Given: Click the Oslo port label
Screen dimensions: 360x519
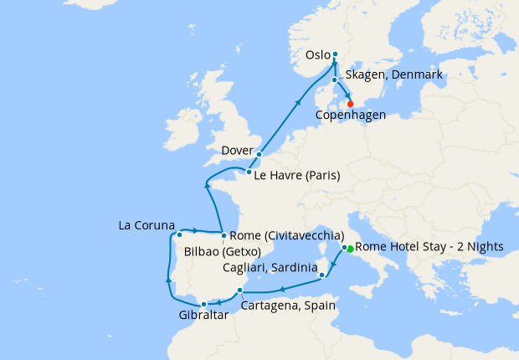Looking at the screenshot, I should pyautogui.click(x=318, y=55).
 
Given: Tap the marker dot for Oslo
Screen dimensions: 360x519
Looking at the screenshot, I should pyautogui.click(x=335, y=54).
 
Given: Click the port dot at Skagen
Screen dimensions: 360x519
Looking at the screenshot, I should pyautogui.click(x=334, y=80).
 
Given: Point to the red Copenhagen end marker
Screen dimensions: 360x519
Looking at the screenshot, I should pyautogui.click(x=338, y=103).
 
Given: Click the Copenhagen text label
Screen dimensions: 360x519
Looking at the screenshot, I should pyautogui.click(x=349, y=115).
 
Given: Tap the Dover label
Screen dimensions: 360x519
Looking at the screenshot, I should pyautogui.click(x=237, y=151).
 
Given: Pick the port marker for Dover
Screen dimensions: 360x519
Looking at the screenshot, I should pyautogui.click(x=259, y=154).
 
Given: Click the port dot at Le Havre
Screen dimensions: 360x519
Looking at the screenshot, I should pyautogui.click(x=249, y=172).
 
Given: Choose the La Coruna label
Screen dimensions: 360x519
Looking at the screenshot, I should pyautogui.click(x=146, y=225).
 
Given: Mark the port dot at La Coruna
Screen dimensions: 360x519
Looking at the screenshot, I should pyautogui.click(x=179, y=235).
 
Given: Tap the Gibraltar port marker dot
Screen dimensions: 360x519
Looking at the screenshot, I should pyautogui.click(x=203, y=304).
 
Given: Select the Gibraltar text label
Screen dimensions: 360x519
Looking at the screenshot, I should pyautogui.click(x=203, y=316).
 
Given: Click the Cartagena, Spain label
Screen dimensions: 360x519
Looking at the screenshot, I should pyautogui.click(x=288, y=306).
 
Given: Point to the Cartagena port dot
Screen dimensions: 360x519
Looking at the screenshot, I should pyautogui.click(x=240, y=291).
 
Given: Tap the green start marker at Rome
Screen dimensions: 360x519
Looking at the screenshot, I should pyautogui.click(x=349, y=249).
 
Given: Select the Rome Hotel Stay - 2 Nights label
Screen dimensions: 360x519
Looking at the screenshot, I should pyautogui.click(x=429, y=248).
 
